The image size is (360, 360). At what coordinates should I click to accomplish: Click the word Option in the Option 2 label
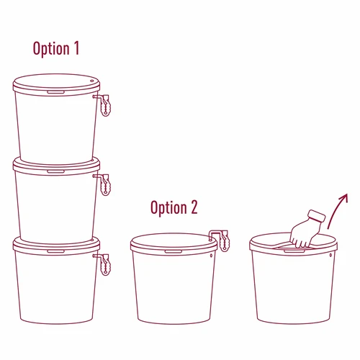pos(168,208)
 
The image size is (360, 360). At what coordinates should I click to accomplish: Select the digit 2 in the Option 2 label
pos(193,208)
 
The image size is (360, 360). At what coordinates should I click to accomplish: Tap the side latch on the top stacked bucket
pos(106,104)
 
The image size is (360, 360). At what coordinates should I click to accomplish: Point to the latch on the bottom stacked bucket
pos(106,263)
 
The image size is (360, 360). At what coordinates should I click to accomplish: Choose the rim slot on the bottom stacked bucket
pos(55,251)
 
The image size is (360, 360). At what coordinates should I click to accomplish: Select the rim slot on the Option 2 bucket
pos(173,251)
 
